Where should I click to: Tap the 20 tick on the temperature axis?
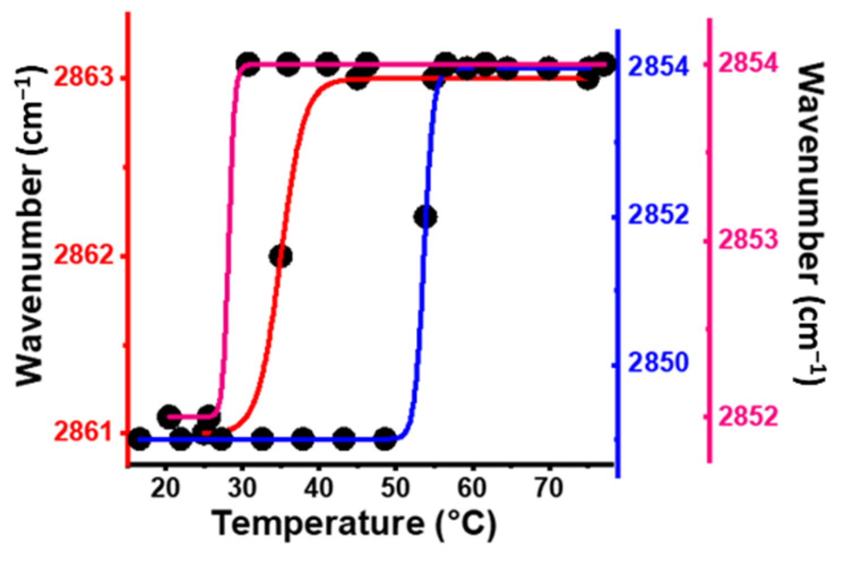166,487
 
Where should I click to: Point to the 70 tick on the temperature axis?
549,487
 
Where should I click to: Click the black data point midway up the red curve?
281,256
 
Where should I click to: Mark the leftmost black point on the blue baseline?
139,439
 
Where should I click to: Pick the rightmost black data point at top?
604,63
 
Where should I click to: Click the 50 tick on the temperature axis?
396,487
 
